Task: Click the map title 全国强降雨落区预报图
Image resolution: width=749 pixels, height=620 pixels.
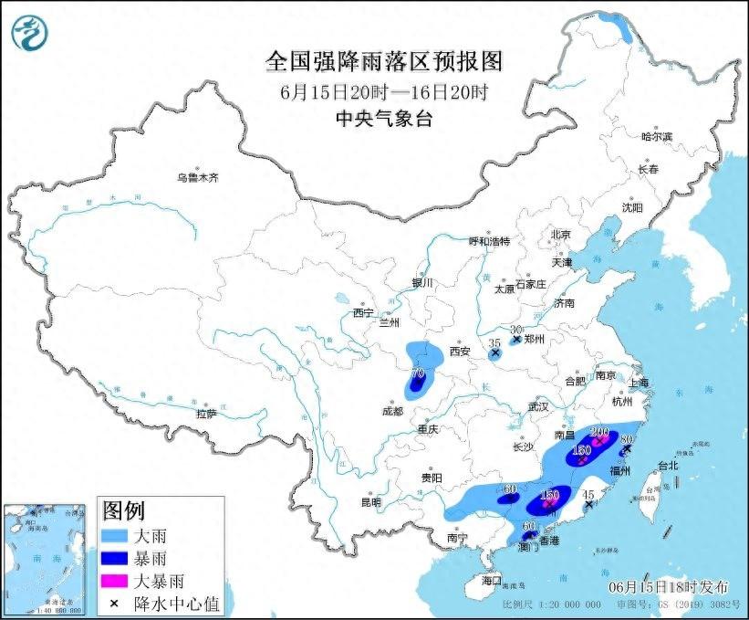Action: point(383,61)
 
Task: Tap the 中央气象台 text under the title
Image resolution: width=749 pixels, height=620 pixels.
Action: point(383,117)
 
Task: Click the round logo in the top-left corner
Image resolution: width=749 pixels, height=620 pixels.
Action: point(31,35)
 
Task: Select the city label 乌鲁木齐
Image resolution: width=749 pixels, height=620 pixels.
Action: point(198,177)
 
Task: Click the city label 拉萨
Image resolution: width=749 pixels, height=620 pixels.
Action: point(206,413)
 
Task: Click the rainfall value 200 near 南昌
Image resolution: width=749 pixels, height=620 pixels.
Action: point(599,432)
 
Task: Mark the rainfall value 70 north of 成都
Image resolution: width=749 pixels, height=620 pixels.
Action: point(418,373)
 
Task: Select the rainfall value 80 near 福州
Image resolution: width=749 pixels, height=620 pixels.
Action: point(627,439)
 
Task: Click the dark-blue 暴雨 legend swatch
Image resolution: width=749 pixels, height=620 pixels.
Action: point(116,557)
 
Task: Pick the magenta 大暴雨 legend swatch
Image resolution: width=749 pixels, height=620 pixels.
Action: point(116,581)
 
